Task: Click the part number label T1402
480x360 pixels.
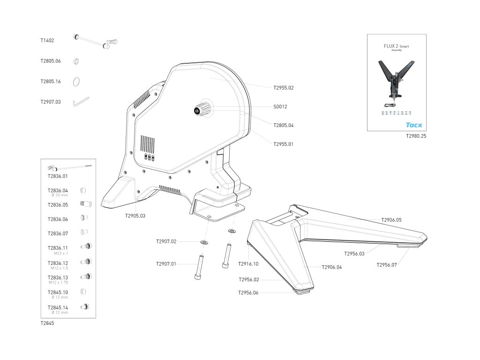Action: pyautogui.click(x=47, y=41)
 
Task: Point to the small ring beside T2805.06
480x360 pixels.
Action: pyautogui.click(x=76, y=61)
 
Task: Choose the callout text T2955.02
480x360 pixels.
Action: pyautogui.click(x=283, y=88)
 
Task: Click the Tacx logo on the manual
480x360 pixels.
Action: pyautogui.click(x=413, y=125)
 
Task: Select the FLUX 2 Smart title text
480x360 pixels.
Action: pyautogui.click(x=396, y=47)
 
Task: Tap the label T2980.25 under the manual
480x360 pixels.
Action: pyautogui.click(x=416, y=136)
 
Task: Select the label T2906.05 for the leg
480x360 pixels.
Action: pyautogui.click(x=391, y=220)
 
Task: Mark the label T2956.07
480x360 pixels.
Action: pyautogui.click(x=387, y=265)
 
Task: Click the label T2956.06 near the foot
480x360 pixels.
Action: pyautogui.click(x=248, y=292)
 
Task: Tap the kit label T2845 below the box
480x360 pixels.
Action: pyautogui.click(x=47, y=323)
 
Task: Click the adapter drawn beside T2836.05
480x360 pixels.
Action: pyautogui.click(x=86, y=204)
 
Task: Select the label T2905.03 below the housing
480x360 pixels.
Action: pyautogui.click(x=135, y=216)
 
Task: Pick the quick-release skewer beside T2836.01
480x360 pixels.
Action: pyautogui.click(x=69, y=167)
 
